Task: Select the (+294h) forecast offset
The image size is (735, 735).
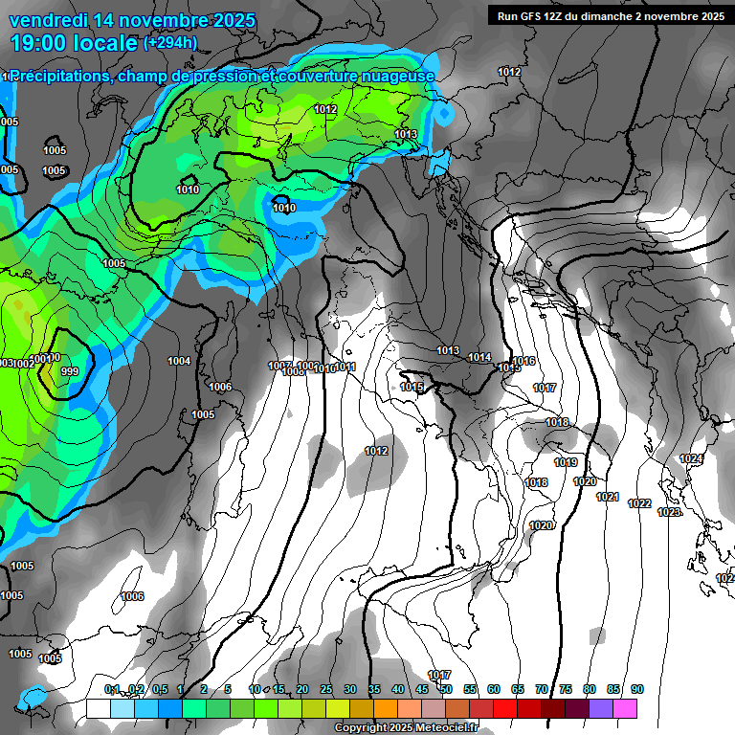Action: tap(170, 43)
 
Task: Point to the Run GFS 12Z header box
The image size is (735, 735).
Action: tap(608, 15)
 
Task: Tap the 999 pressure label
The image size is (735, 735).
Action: tap(69, 371)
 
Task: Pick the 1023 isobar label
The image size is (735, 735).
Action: tap(669, 512)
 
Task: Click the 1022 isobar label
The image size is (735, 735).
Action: tap(639, 503)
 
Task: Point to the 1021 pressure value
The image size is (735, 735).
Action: tap(608, 497)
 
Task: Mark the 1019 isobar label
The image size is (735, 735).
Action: tap(566, 462)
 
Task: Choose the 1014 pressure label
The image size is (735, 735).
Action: tap(479, 357)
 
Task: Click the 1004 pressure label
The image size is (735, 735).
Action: tap(179, 361)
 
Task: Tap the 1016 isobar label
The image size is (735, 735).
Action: tap(524, 361)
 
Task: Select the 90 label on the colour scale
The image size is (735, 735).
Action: tap(637, 689)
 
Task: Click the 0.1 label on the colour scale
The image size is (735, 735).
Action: tap(112, 689)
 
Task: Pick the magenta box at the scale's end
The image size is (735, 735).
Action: tap(625, 708)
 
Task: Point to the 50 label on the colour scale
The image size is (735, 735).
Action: tap(446, 689)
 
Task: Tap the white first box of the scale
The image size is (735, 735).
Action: tap(98, 708)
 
